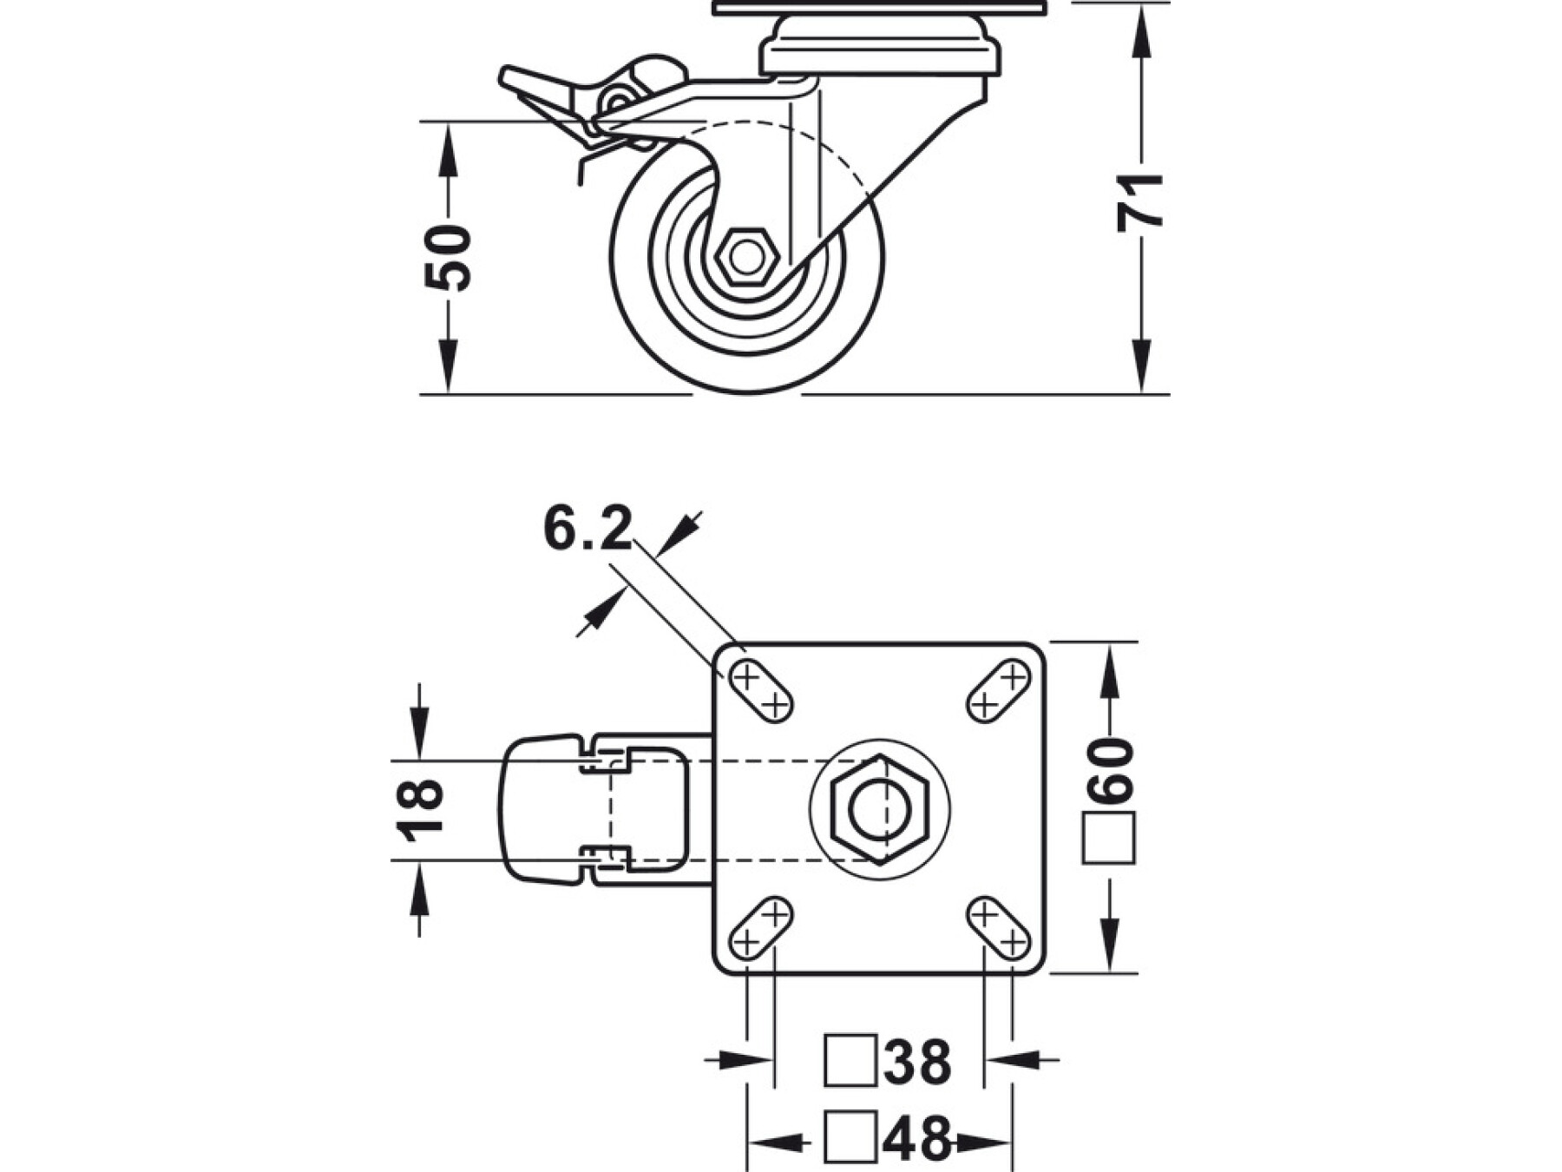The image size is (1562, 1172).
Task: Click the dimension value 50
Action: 448,258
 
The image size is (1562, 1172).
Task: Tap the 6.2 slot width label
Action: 587,530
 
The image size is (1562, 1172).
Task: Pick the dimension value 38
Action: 917,1060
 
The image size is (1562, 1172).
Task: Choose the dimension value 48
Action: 917,1137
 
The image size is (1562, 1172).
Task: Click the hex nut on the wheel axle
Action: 745,257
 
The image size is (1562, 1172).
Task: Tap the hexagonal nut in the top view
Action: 878,809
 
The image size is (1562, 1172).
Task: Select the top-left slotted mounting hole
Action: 760,690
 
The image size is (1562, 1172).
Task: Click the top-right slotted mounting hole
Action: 998,690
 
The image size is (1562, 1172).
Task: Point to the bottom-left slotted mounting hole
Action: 761,928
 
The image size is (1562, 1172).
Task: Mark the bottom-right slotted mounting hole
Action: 998,928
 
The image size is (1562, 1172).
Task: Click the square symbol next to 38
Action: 850,1060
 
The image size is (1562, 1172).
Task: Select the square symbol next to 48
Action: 850,1137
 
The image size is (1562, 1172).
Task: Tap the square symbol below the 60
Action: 1109,839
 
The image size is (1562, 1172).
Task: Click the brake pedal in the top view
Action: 544,810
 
